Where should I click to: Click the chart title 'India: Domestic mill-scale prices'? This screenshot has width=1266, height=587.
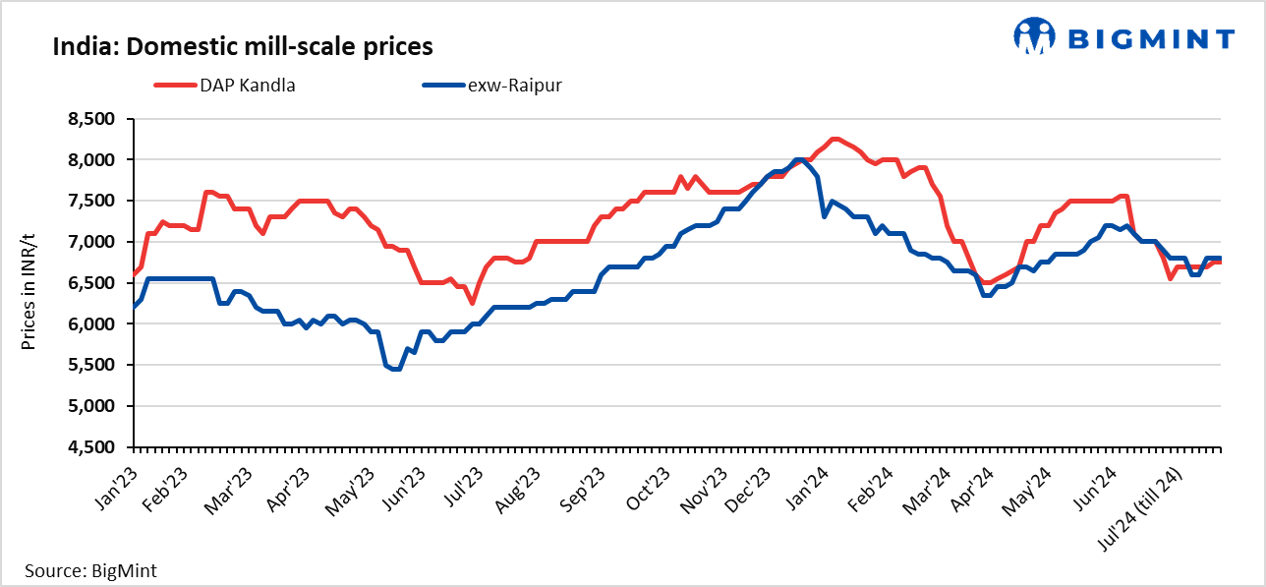(x=243, y=45)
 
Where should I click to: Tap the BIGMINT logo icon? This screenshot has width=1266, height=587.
(x=1034, y=37)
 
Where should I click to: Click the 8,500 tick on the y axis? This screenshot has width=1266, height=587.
(x=90, y=119)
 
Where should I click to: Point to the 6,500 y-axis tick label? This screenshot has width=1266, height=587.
(x=90, y=283)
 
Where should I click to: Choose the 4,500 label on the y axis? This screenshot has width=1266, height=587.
(x=90, y=447)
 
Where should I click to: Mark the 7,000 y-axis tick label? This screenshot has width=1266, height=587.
(x=90, y=242)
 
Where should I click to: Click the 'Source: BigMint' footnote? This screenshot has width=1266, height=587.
(x=90, y=569)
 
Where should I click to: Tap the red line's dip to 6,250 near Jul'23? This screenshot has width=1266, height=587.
(x=472, y=303)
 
